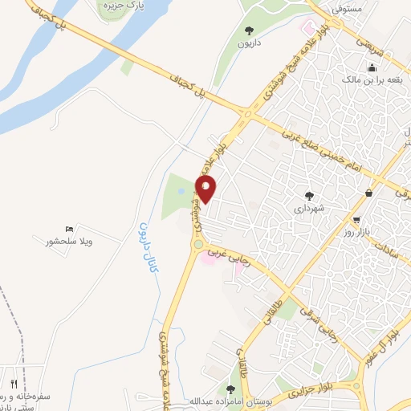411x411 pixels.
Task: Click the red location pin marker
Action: [x=206, y=190]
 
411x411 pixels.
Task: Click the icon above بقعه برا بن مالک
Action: [x=371, y=67]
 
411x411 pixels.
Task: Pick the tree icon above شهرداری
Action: [x=309, y=194]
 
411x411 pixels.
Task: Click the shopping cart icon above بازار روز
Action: [x=356, y=220]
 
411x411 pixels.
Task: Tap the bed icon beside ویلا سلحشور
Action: [x=68, y=229]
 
